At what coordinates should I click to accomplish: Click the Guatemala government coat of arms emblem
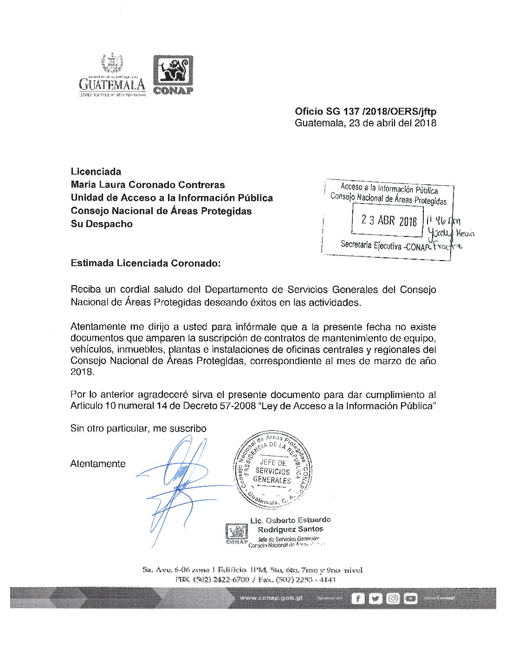(112, 64)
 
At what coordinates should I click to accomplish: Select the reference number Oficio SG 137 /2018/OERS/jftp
(365, 111)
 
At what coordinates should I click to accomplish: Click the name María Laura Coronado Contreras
(148, 185)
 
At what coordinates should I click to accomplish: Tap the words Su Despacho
(102, 224)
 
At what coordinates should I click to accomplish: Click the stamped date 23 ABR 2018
(389, 221)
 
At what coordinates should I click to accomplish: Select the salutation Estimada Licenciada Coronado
(145, 263)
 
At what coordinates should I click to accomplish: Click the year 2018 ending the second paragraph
(82, 372)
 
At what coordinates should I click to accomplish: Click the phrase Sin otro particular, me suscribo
(138, 428)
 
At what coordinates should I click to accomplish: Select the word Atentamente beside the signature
(98, 464)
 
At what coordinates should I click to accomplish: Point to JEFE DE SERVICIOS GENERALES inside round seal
(272, 471)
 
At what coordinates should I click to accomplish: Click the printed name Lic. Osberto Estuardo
(291, 520)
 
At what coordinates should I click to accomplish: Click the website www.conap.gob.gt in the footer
(272, 598)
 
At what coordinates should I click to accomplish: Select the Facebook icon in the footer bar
(357, 598)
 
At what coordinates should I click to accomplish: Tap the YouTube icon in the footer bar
(410, 598)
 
